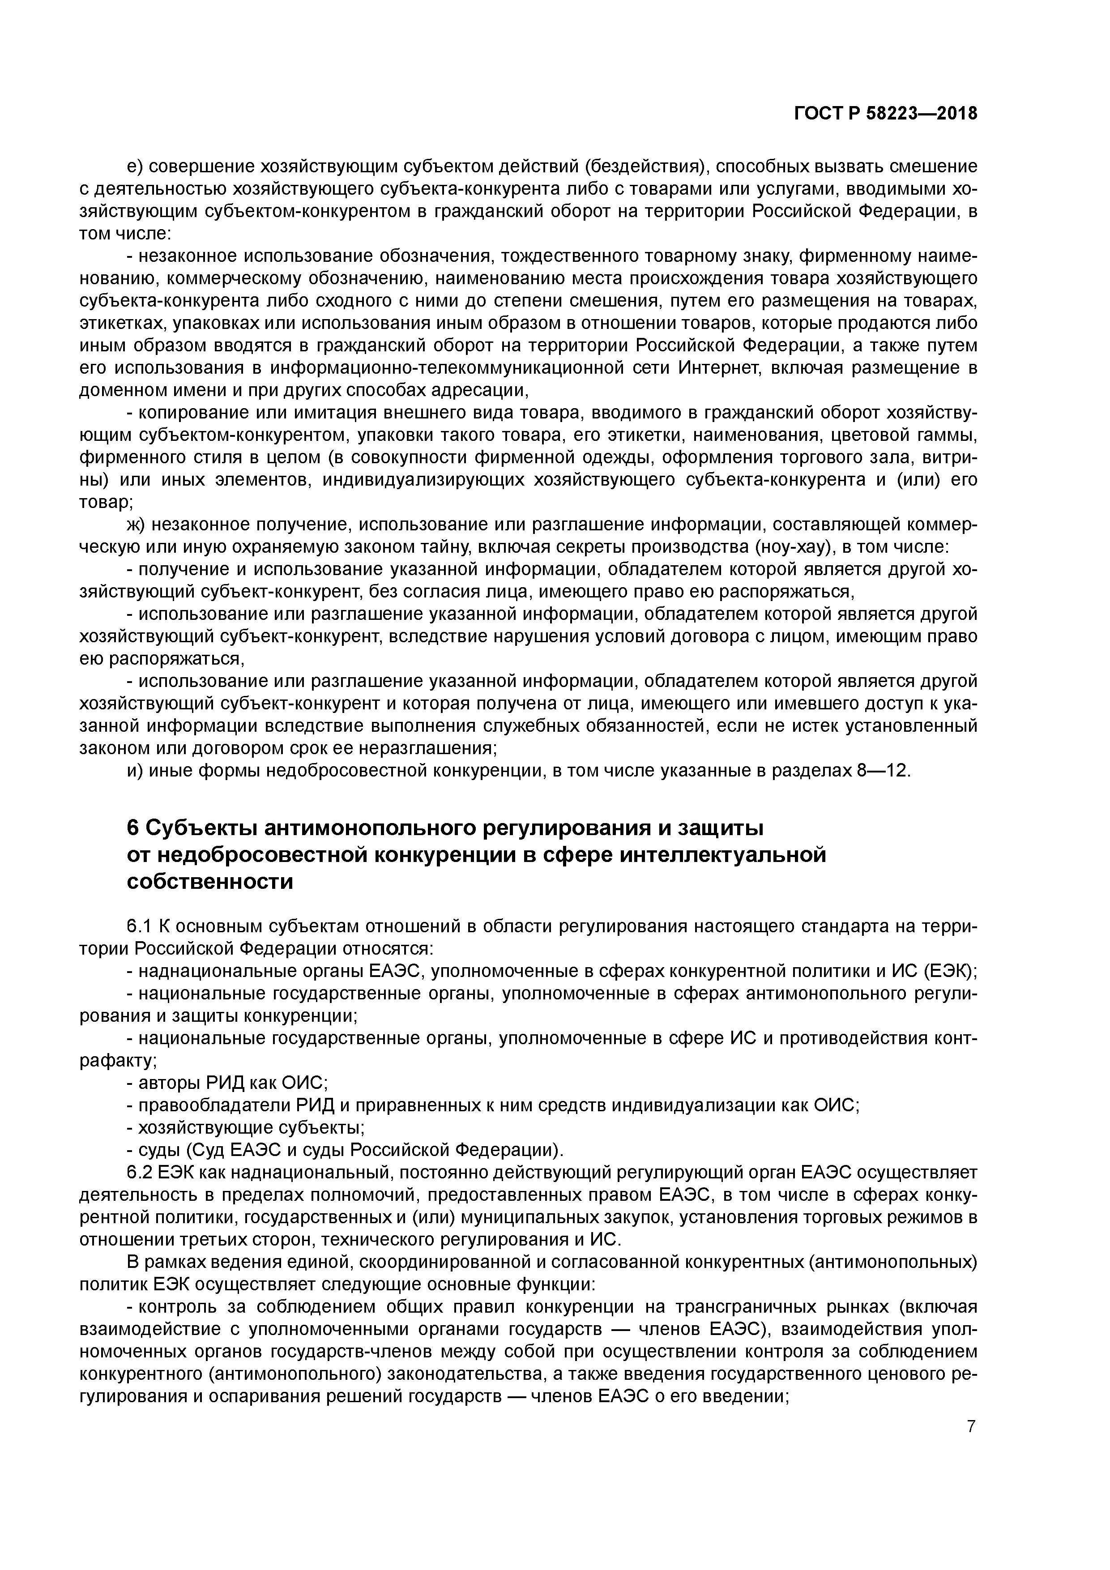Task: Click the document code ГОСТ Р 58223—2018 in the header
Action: pyautogui.click(x=886, y=114)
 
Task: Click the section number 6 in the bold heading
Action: pyautogui.click(x=133, y=828)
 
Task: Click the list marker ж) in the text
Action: pyautogui.click(x=137, y=525)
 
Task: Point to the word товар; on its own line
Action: pyautogui.click(x=106, y=502)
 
